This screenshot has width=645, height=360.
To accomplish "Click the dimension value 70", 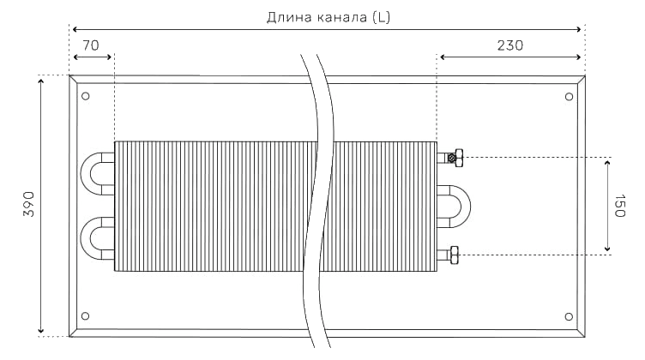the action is coord(91,45).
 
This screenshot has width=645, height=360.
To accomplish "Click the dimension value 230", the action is coord(510,45).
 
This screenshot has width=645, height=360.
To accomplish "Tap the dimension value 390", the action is coord(29,204).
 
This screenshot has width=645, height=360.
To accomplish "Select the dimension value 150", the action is coord(619,206).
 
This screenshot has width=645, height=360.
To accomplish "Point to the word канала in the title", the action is coord(342,18).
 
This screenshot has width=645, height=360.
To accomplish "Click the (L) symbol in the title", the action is coord(381,17).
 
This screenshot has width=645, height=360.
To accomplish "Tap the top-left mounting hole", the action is coord(86,96).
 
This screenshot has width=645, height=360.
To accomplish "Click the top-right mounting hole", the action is coord(569,97).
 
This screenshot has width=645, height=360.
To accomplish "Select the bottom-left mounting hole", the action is coord(86,315).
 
